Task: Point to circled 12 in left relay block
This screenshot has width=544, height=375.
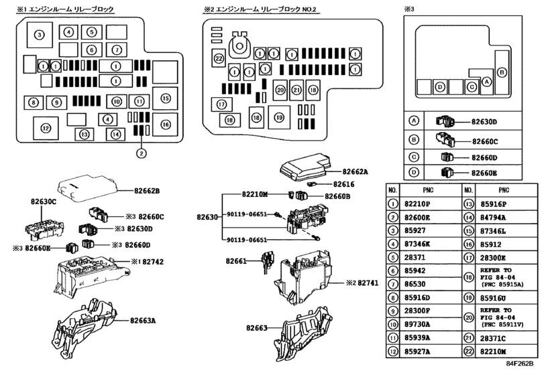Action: (46, 128)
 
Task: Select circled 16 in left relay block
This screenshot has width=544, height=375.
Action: (165, 123)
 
